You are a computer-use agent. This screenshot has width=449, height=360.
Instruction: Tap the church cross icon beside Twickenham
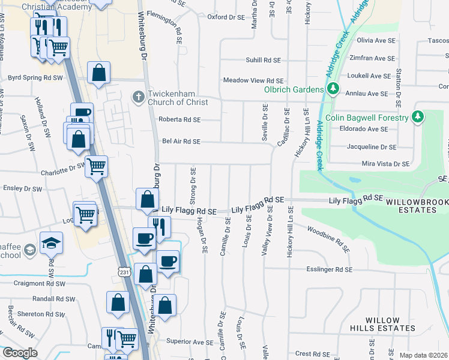tap(138, 96)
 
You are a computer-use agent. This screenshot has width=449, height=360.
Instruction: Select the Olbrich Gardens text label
tap(294, 89)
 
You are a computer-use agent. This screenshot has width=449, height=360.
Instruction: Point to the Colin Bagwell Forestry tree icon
tap(418, 117)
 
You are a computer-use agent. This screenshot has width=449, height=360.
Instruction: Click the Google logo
tap(20, 353)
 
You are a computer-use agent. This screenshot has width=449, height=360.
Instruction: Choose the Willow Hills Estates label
tap(382, 324)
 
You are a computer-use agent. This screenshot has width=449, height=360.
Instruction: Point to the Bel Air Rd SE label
tap(181, 142)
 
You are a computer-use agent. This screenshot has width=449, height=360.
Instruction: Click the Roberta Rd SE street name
tap(179, 119)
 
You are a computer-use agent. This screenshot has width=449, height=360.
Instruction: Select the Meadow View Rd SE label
tap(253, 80)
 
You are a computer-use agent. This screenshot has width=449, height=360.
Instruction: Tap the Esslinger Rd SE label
tap(329, 270)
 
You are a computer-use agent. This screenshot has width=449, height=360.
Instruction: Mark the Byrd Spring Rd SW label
tap(35, 78)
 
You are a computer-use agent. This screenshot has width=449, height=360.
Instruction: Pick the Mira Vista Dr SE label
tap(385, 163)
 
